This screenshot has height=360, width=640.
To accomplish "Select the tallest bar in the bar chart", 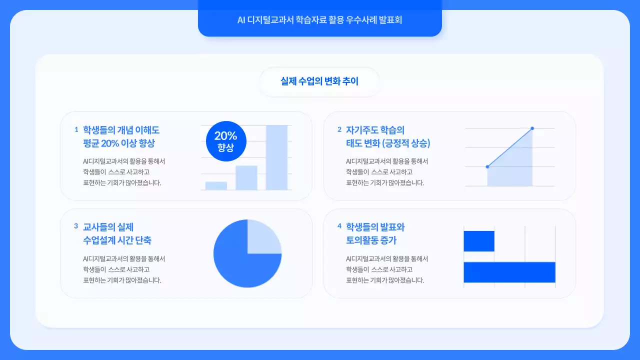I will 276,157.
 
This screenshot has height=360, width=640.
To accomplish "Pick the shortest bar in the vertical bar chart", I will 216,185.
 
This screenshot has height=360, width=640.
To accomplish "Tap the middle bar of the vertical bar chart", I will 246,177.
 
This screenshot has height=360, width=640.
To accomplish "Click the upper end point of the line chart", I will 532,128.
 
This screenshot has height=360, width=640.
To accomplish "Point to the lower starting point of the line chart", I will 487,166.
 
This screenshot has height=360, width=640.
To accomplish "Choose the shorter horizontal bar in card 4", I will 479,241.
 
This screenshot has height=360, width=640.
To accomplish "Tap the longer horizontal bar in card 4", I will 509,272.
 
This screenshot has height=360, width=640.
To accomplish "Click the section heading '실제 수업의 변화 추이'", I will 319,81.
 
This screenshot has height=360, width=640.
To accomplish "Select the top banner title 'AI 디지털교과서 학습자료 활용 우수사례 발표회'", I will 319,20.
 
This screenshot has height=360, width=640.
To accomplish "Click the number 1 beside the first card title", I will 76,129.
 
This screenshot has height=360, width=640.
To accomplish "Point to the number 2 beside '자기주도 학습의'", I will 339,129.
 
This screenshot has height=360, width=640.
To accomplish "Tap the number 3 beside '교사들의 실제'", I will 76,226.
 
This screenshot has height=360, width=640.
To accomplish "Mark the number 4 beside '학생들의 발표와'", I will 339,226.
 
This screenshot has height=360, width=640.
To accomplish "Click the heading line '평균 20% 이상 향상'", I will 119,143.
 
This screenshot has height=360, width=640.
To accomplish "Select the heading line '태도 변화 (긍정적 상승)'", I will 388,143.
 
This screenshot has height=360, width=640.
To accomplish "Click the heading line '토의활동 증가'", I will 371,240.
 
